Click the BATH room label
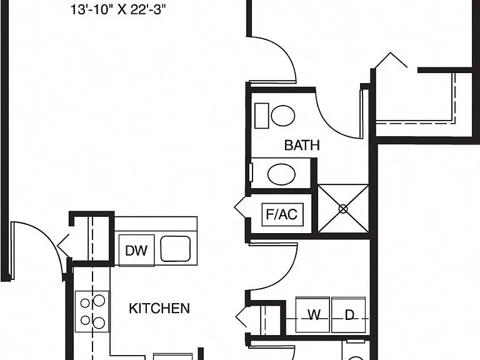tap(302, 145)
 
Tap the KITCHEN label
tap(159, 308)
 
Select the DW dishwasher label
tap(136, 251)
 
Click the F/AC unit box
tap(282, 214)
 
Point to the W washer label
tap(314, 315)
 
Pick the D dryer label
tap(349, 315)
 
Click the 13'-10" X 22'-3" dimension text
tap(118, 9)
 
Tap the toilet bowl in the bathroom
tap(283, 116)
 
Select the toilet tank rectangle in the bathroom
tap(262, 116)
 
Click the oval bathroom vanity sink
tap(281, 174)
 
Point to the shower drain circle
tap(343, 209)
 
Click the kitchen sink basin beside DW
tap(176, 249)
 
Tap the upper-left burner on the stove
tap(85, 303)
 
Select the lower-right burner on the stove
tap(99, 323)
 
